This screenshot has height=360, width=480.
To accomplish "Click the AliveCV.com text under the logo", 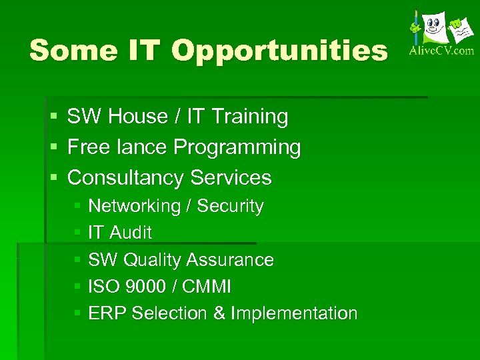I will click(x=441, y=50).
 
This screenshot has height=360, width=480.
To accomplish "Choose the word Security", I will click(x=230, y=207).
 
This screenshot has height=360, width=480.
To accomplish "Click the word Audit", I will click(x=130, y=233).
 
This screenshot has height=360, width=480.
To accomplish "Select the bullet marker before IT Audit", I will click(x=77, y=233).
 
